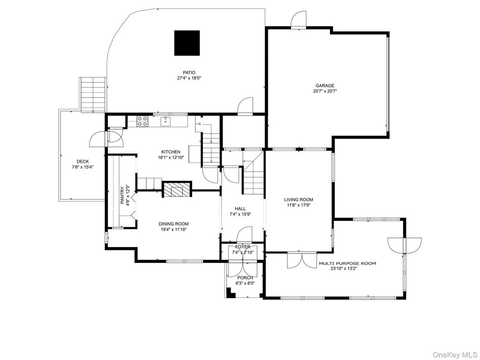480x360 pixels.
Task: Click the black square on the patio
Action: point(187,43)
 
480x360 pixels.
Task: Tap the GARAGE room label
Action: point(325,86)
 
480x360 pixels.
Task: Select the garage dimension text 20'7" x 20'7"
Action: point(325,91)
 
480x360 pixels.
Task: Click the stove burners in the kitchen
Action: point(142,121)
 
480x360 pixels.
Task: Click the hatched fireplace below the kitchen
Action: point(176,190)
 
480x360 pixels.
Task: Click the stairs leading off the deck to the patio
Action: point(94,94)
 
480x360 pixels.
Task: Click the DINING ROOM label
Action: point(173,224)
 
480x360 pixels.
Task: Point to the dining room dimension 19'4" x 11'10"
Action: point(173,230)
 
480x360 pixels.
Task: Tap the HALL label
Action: point(240,209)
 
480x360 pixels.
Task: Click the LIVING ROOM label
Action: point(298,200)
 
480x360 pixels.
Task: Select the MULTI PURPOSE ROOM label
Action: point(347,264)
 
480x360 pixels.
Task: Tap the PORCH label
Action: point(244,278)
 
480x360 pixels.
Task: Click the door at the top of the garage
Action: point(298,20)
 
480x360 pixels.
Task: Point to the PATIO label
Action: point(189,73)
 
